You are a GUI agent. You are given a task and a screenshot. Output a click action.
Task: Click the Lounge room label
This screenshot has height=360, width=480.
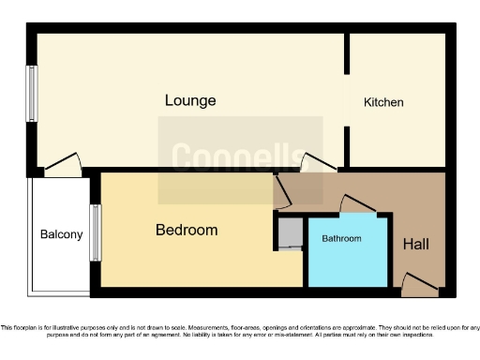point(190,100)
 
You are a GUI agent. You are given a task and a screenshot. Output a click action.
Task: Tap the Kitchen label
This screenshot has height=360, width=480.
point(383,102)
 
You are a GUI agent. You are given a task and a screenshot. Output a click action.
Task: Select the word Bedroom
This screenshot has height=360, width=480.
point(187,230)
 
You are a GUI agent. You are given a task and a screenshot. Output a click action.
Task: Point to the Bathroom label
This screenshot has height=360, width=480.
point(341,239)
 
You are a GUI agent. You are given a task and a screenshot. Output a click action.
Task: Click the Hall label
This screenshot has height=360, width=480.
point(416,245)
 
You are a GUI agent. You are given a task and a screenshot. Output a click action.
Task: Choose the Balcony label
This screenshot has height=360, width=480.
point(61,234)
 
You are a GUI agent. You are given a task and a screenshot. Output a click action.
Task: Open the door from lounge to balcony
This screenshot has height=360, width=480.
point(64,166)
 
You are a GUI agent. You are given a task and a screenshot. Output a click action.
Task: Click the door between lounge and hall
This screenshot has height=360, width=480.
point(317,163)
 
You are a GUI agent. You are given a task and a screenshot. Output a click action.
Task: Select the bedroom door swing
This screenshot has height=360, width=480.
point(281,191)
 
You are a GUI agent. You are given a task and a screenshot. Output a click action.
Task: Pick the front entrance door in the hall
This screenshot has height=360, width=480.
point(418,282)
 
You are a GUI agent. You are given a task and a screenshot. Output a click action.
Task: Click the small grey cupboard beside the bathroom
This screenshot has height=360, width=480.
point(291,232)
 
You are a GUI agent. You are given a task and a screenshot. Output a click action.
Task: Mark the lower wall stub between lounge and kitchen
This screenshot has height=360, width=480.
point(347,147)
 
